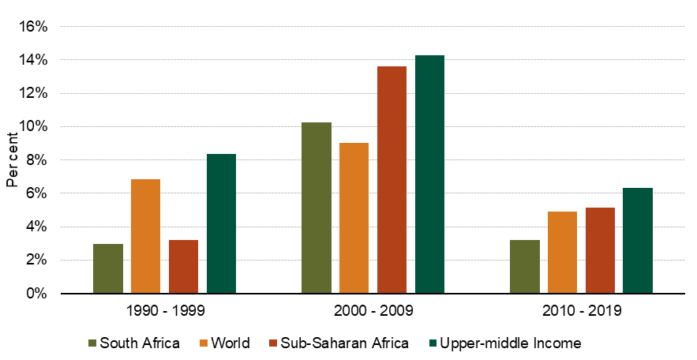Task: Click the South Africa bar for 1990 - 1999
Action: point(108,268)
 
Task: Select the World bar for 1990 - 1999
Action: point(145,236)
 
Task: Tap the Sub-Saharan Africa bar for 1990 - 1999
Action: point(183,266)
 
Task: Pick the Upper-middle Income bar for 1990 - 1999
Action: point(221,223)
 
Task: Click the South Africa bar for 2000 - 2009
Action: point(317,208)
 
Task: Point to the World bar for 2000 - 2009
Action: point(354,218)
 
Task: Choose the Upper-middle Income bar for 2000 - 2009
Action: point(429,174)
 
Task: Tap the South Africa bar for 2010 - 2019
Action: point(525,267)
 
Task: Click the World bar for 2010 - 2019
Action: point(562,253)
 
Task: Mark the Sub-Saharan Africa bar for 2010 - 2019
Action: point(600,250)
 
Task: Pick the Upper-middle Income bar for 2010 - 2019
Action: point(638,240)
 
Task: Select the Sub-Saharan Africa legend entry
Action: point(339,343)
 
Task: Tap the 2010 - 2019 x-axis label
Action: point(582,311)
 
